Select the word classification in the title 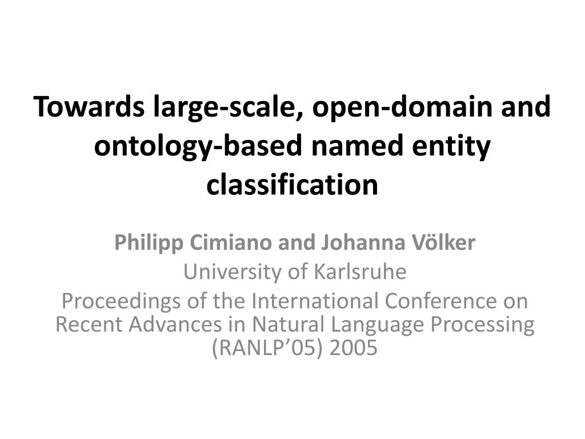coord(292,185)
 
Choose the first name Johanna coord(359,244)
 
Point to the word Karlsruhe coord(360,273)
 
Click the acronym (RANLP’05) coord(261,348)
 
